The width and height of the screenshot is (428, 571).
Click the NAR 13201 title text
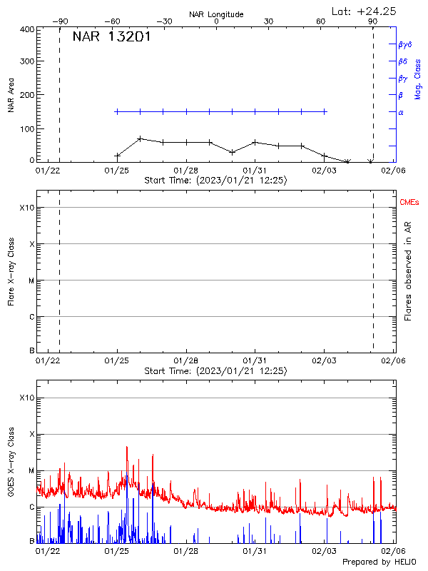[111, 37]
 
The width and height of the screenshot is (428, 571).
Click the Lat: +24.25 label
[365, 11]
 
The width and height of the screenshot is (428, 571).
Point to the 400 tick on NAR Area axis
[28, 29]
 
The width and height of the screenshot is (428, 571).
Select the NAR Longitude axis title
[216, 14]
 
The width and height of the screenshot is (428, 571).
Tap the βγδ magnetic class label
[405, 44]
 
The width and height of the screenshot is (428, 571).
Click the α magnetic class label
[401, 112]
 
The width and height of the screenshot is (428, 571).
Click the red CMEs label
[409, 203]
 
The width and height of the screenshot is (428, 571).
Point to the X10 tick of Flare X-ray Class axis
[27, 208]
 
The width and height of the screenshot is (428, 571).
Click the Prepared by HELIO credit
[381, 562]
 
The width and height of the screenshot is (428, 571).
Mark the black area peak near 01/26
[141, 138]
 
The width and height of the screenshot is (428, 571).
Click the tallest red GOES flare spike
[126, 447]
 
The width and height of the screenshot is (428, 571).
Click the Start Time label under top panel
[216, 181]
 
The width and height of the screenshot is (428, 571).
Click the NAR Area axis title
[11, 95]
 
